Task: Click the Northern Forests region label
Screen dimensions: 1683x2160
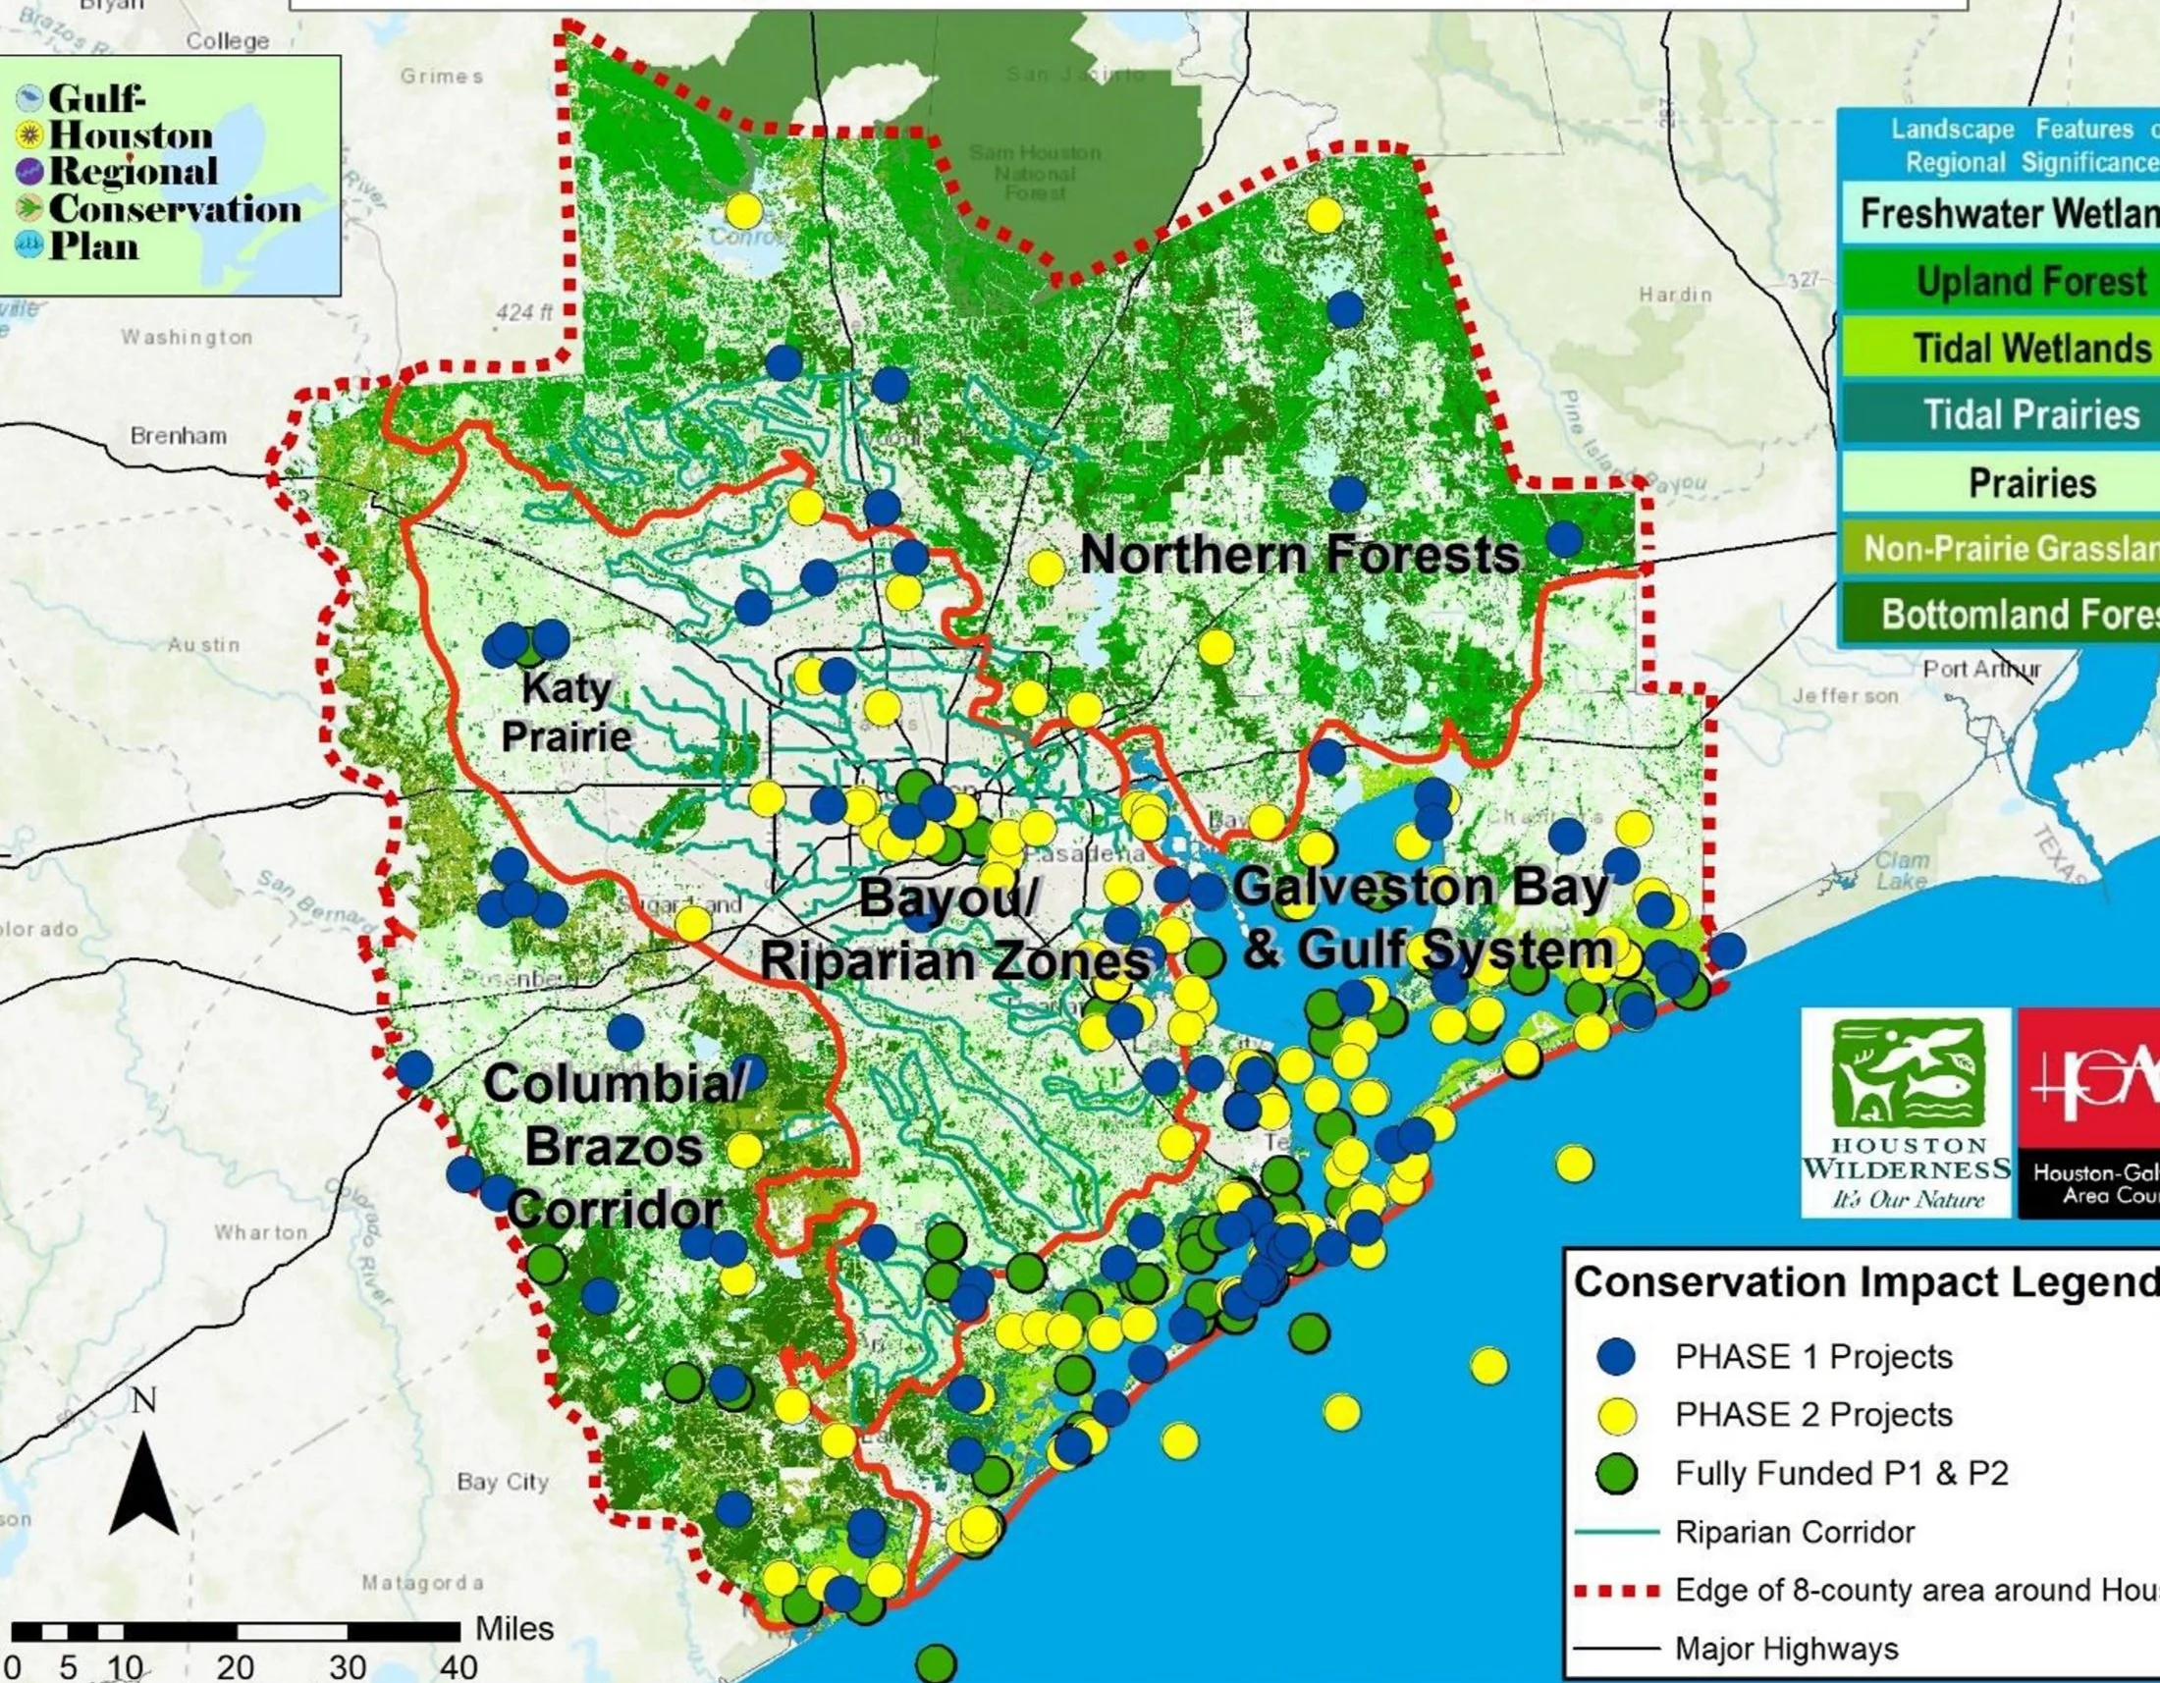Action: tap(1299, 555)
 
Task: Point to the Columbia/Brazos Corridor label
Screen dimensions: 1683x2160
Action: tap(614, 1147)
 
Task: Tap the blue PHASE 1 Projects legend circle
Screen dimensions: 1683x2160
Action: tap(1616, 1357)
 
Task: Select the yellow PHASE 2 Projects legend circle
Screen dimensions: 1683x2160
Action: tap(1616, 1415)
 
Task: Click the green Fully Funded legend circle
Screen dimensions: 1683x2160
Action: tap(1616, 1474)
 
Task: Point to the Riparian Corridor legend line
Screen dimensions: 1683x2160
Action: tap(1615, 1532)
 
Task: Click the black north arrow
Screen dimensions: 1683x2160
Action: tap(143, 1484)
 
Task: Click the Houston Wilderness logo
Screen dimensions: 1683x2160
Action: tap(1906, 1113)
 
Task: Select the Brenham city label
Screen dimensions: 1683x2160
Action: tap(178, 436)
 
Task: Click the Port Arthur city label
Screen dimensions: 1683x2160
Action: tap(1981, 670)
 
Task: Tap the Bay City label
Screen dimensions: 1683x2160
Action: tap(503, 1482)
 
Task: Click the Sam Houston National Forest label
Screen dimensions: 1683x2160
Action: tap(1035, 173)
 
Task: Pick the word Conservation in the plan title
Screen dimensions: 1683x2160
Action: tap(174, 209)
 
